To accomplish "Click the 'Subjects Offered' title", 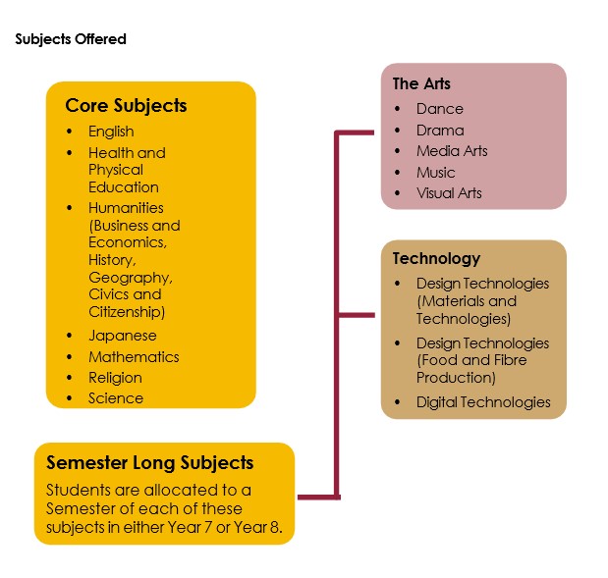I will coord(71,40).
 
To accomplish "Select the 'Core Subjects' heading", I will coord(126,105).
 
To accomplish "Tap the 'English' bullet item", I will coord(111,131).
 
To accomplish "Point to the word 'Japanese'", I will coord(122,336).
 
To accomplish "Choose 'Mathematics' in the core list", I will coord(134,357).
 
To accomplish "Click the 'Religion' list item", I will coord(115,378).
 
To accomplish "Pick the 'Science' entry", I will coord(116,398).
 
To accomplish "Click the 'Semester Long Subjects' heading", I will coord(150,462).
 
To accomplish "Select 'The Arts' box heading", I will coord(421,83).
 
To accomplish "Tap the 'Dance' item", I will coord(439,109).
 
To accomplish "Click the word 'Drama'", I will coord(440,131).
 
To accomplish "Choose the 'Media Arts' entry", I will coord(452,151).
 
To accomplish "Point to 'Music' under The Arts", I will coord(436,173).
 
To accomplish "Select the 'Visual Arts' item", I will coord(449,193).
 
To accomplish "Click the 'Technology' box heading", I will coord(436,259).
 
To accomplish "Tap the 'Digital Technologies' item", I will coord(483,402).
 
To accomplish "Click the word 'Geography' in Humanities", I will coord(130,278).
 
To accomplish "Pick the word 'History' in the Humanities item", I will coord(111,260).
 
